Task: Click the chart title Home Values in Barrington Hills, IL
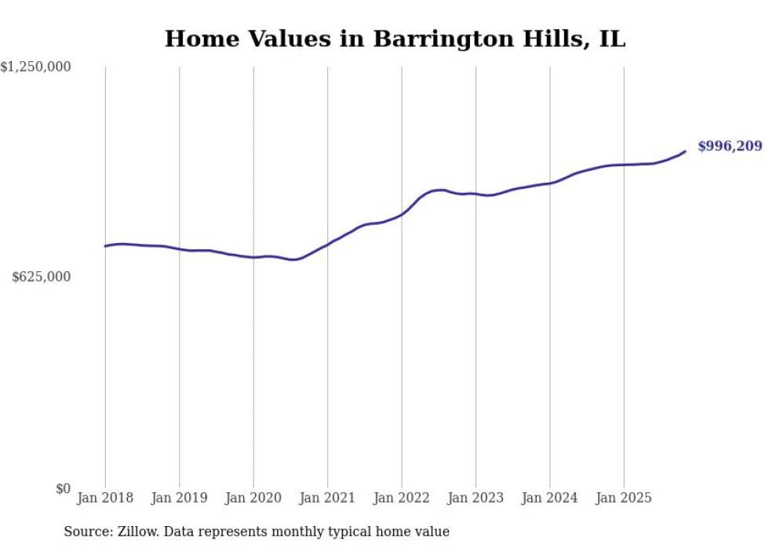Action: point(395,39)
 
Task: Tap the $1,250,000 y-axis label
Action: point(36,67)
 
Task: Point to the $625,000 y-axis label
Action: point(42,277)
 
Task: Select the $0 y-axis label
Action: point(63,488)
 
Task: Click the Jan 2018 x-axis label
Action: point(105,498)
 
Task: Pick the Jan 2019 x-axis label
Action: point(179,498)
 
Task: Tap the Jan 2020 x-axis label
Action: point(253,498)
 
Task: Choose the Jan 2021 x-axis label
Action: point(327,498)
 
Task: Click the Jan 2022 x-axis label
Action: point(402,498)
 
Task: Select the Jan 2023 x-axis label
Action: point(476,498)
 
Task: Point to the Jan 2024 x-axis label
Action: point(549,498)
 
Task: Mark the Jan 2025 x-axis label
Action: point(624,498)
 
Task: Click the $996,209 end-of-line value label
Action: point(729,147)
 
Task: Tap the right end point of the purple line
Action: point(685,151)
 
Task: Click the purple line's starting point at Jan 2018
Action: point(105,246)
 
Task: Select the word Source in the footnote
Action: point(86,532)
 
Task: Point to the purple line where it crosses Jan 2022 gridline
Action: point(402,213)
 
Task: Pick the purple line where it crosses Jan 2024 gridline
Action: point(549,183)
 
